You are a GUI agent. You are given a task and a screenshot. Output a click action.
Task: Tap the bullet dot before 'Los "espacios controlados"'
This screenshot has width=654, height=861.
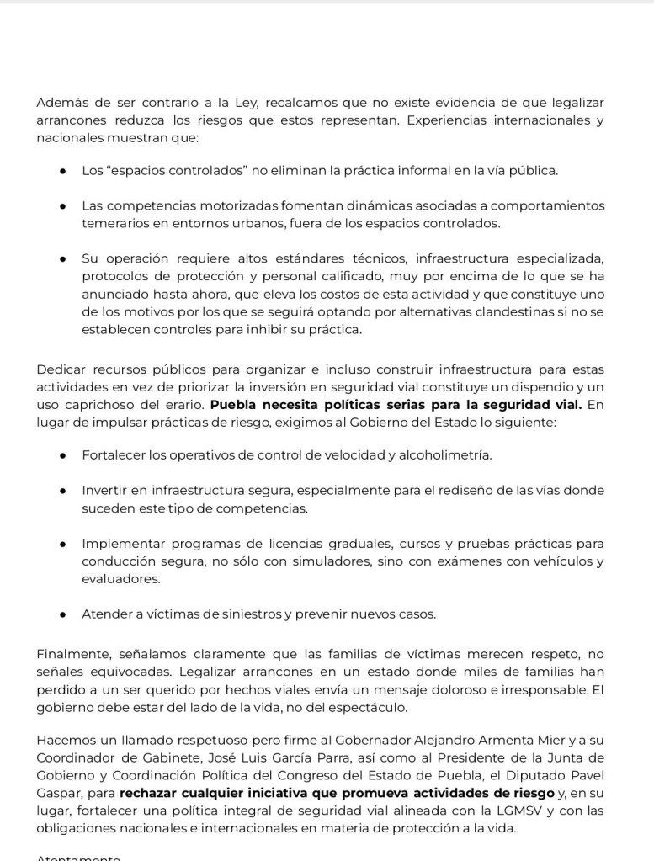(63, 171)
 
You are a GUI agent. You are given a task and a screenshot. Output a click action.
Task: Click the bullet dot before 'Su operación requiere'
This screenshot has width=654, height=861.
(63, 258)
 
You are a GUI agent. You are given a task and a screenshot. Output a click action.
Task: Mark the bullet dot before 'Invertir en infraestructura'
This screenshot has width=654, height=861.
(63, 491)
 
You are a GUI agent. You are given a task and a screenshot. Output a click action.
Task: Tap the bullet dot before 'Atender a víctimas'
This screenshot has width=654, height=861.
(63, 614)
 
